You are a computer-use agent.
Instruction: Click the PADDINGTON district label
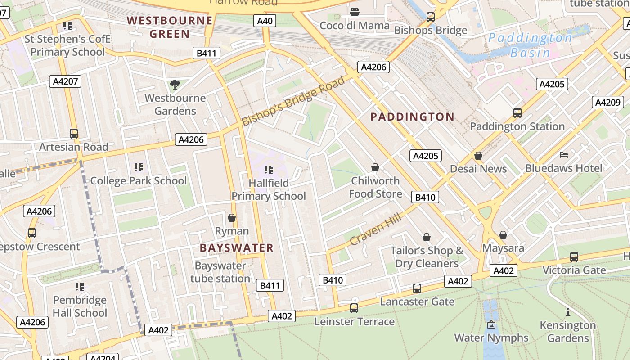coord(412,117)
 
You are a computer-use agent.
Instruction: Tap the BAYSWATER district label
coord(237,248)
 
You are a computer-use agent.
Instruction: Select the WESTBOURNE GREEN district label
coord(170,27)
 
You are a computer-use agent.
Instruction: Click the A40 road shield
coord(265,21)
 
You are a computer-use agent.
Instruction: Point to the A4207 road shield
coord(65,81)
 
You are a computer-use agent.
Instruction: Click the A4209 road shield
coord(607,102)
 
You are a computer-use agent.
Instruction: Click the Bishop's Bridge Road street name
coord(293,101)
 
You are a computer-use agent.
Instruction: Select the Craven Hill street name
coord(375,230)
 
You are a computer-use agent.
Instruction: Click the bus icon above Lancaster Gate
coord(417,288)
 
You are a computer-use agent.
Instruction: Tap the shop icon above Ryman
coord(232,218)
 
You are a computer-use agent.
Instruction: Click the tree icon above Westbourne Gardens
coord(175,84)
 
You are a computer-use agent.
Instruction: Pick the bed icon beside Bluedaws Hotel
coord(564,155)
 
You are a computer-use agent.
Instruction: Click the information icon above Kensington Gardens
coord(568,312)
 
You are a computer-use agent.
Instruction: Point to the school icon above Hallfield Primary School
coord(269,170)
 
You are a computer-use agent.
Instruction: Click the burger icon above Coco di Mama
coord(355,12)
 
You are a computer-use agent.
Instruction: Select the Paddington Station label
coord(517,126)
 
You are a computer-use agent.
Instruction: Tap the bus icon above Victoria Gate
coord(574,257)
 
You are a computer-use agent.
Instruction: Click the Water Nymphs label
coord(491,337)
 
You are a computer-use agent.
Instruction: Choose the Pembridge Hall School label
coord(80,306)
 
